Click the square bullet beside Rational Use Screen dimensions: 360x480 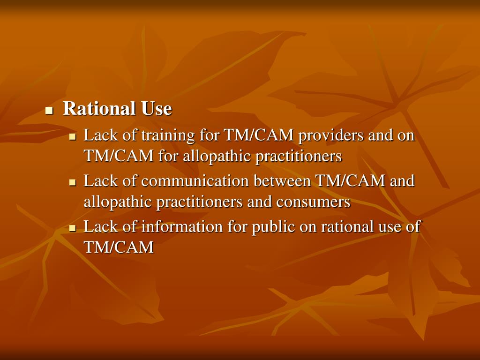tap(48, 111)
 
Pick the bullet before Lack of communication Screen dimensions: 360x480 tap(72, 182)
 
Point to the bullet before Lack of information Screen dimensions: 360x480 tap(72, 228)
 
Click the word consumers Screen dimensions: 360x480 tap(313, 202)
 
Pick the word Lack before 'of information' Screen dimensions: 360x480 tap(98, 227)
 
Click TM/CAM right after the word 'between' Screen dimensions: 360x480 tap(351, 181)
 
